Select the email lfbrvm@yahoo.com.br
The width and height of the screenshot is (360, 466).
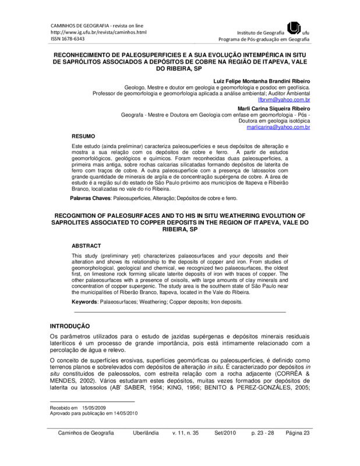(x=290, y=100)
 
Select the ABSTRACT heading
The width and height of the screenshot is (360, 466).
(x=86, y=246)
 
